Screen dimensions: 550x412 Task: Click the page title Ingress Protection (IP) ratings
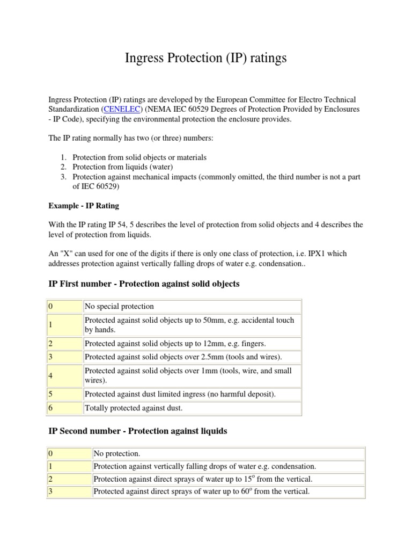pos(206,58)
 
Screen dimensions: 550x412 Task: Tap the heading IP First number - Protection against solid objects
pos(144,284)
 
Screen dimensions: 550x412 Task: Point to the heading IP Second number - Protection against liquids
pos(138,431)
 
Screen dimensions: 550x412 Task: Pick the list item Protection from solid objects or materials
pos(139,157)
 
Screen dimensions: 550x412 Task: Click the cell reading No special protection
pos(120,306)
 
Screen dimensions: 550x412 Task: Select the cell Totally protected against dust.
pos(134,408)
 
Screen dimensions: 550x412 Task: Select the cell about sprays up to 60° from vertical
pos(202,491)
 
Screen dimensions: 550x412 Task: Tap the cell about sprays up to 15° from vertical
pos(202,479)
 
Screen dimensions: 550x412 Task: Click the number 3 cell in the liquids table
pos(69,491)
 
